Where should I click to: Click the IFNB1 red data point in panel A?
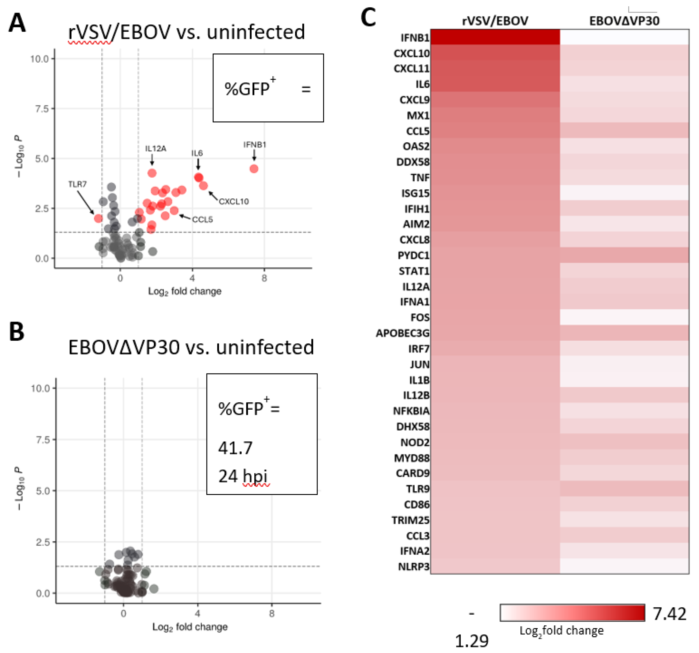coord(254,169)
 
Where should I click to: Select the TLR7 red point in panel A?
coord(98,218)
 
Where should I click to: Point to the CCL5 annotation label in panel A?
coord(202,219)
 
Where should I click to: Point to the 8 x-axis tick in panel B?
coord(271,614)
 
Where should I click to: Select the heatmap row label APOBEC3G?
coord(403,333)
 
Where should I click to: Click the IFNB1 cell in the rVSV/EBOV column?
coord(495,37)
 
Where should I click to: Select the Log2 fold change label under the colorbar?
coord(562,631)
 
